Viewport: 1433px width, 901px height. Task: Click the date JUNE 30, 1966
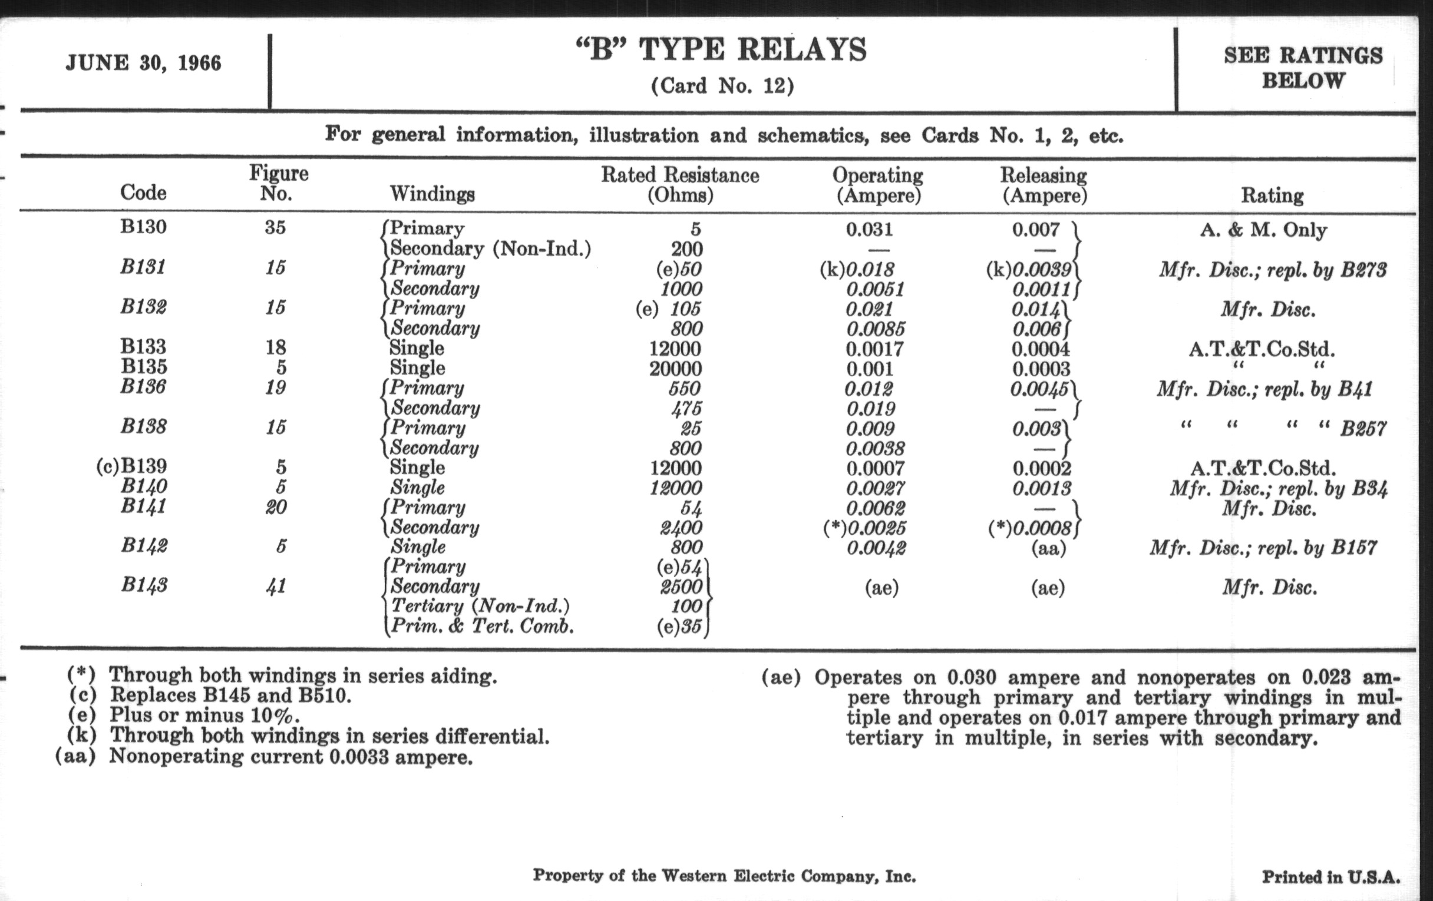click(x=143, y=63)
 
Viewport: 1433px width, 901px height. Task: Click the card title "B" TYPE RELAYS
click(x=721, y=50)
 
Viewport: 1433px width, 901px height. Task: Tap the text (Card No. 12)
click(x=722, y=86)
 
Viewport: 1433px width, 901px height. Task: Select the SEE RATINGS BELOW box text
click(x=1303, y=68)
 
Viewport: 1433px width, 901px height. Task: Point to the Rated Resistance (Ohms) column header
click(x=679, y=184)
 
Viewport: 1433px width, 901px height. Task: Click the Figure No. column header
click(x=278, y=183)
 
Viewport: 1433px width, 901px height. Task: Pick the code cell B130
click(x=143, y=227)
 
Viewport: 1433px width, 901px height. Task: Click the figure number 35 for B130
click(x=275, y=228)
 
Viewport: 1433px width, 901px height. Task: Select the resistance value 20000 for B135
click(x=675, y=369)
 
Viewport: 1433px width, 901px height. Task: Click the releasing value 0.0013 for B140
click(x=1041, y=488)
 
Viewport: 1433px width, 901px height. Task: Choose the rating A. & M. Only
click(x=1263, y=230)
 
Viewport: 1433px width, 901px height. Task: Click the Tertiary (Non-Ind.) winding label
click(x=480, y=606)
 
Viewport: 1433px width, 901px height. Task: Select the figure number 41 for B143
click(x=276, y=587)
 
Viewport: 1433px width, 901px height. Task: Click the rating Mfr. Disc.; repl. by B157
click(x=1263, y=547)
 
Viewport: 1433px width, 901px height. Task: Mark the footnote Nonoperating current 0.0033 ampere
click(x=290, y=757)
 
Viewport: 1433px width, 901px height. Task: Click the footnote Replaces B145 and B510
click(x=230, y=695)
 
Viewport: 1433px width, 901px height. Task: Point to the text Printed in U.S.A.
click(x=1330, y=877)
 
